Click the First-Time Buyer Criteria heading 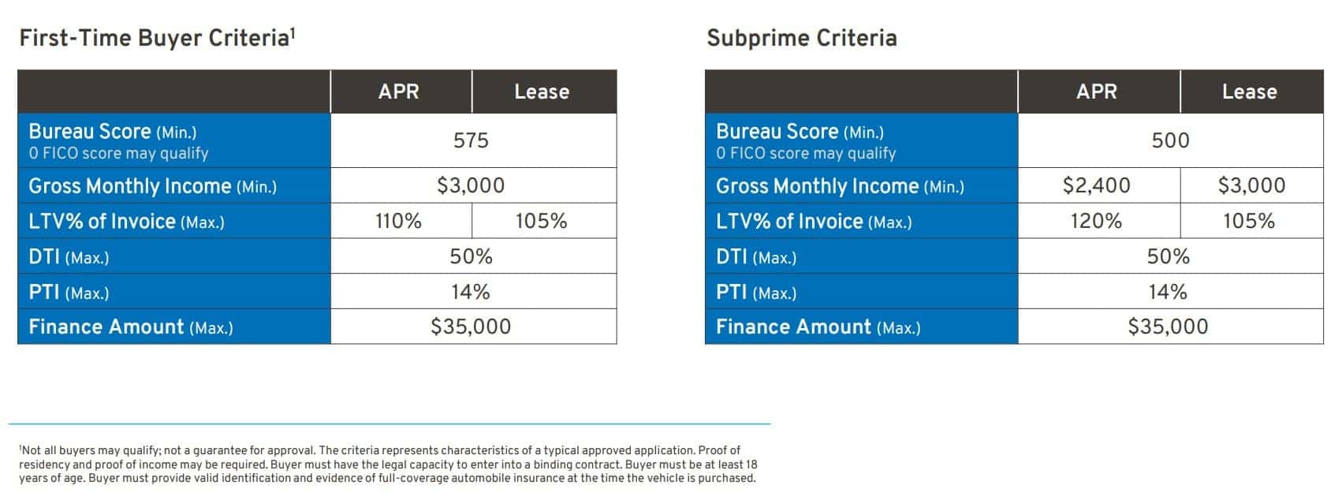(x=157, y=39)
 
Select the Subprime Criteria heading (x=802, y=39)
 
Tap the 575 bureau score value (x=471, y=140)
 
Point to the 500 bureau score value (x=1170, y=140)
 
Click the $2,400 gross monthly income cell (x=1096, y=185)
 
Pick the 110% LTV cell (x=398, y=221)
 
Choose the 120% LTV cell (x=1096, y=221)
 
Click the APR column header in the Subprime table (x=1096, y=91)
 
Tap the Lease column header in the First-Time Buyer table (x=542, y=91)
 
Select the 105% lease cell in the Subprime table (x=1248, y=221)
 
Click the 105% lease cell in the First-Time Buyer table (x=541, y=221)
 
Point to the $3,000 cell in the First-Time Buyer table (x=471, y=185)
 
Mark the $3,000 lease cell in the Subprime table (x=1251, y=185)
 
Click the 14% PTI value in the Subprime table (x=1168, y=292)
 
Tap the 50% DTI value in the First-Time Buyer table (x=471, y=256)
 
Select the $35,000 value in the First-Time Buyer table (x=471, y=326)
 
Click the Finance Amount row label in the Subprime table (x=818, y=327)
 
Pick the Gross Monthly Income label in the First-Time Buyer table (x=153, y=186)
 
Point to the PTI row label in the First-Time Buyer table (x=69, y=293)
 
